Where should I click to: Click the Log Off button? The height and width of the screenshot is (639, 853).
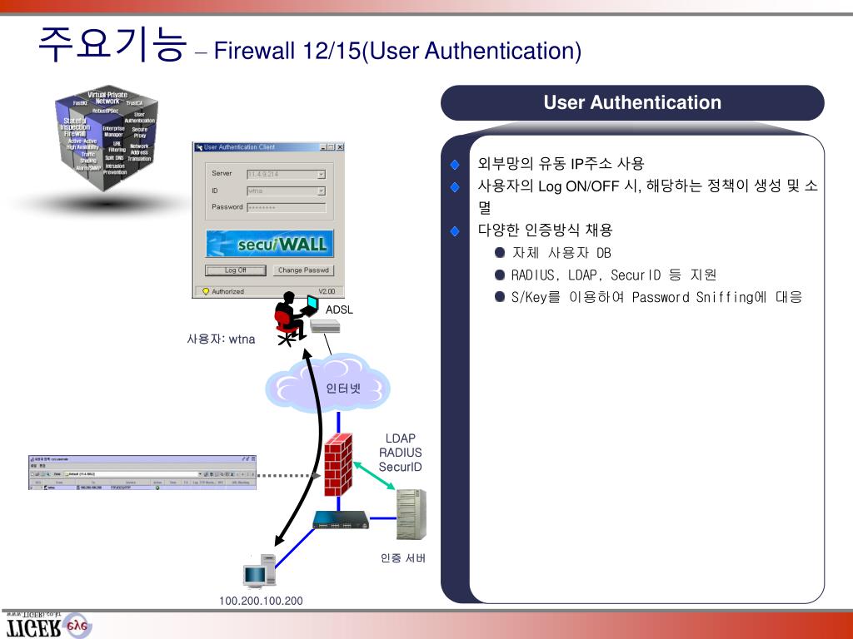coord(236,270)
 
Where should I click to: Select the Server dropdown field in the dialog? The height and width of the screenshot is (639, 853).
coord(286,174)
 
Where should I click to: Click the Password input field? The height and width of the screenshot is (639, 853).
coord(286,207)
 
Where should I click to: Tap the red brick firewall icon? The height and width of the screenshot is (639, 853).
coord(339,465)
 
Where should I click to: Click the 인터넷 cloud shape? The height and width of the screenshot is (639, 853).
coord(328,384)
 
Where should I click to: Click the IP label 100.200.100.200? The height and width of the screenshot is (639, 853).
coord(261,601)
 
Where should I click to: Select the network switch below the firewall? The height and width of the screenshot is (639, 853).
coord(340,523)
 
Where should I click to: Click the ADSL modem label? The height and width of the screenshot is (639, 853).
coord(339,310)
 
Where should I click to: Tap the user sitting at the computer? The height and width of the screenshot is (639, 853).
coord(289,319)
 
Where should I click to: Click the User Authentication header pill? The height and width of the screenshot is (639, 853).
coord(632,103)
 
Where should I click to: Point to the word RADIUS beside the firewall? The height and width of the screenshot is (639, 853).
coord(401,453)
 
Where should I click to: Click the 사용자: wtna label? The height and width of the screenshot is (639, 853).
coord(221,339)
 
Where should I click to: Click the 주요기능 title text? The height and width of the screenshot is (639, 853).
coord(110,46)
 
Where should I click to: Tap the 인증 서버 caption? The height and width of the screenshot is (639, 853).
coord(403,557)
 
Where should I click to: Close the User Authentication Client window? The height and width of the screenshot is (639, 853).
coord(340,147)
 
